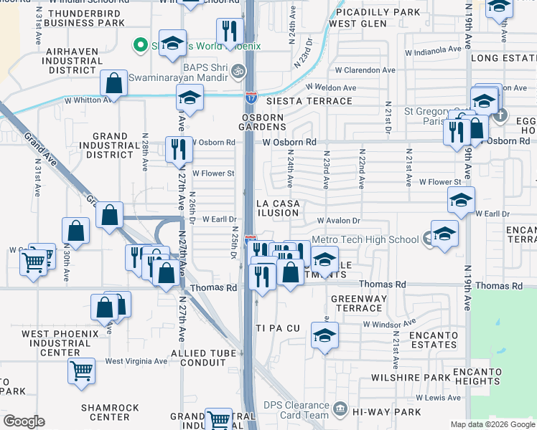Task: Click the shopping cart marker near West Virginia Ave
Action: pos(82,371)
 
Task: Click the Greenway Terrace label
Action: pos(359,303)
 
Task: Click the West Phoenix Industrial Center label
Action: pos(60,343)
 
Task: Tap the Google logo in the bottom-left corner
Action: pos(24,421)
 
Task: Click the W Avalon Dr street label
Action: pos(337,221)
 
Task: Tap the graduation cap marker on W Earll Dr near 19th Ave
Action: pos(461,201)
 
